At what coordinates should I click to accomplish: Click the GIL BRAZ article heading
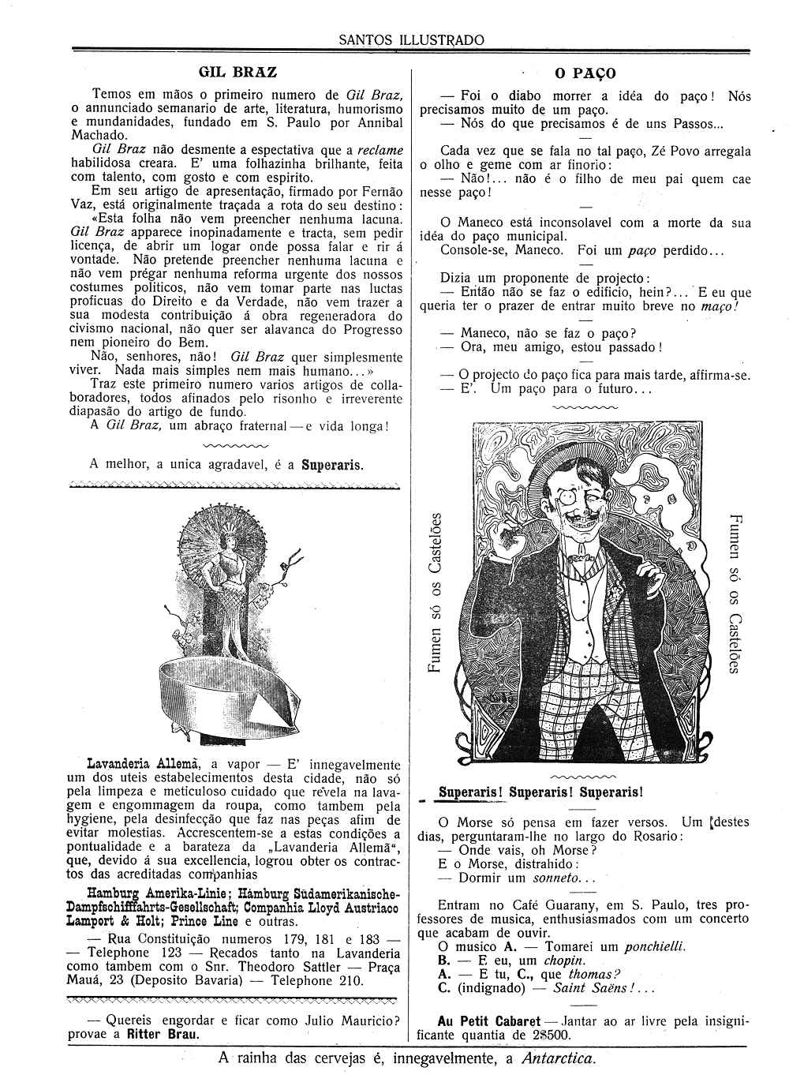[237, 72]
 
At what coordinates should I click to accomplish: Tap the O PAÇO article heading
[585, 74]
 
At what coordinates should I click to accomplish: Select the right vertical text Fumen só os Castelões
[733, 593]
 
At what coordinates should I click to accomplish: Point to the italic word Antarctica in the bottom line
[559, 1058]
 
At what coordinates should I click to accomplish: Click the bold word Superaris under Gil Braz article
[331, 464]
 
